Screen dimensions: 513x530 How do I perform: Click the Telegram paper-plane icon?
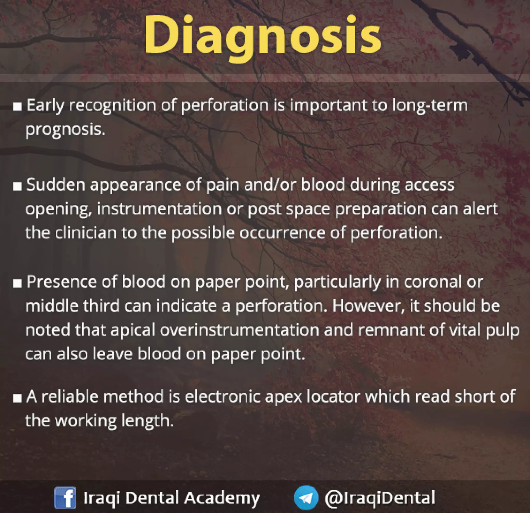pyautogui.click(x=306, y=497)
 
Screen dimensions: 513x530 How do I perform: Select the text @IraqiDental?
pyautogui.click(x=380, y=497)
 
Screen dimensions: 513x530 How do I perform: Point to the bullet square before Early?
pyautogui.click(x=18, y=107)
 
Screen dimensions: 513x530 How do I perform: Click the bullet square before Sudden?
pyautogui.click(x=18, y=186)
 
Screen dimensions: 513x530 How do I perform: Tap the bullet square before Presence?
pyautogui.click(x=18, y=283)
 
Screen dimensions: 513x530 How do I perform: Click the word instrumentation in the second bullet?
pyautogui.click(x=159, y=209)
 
